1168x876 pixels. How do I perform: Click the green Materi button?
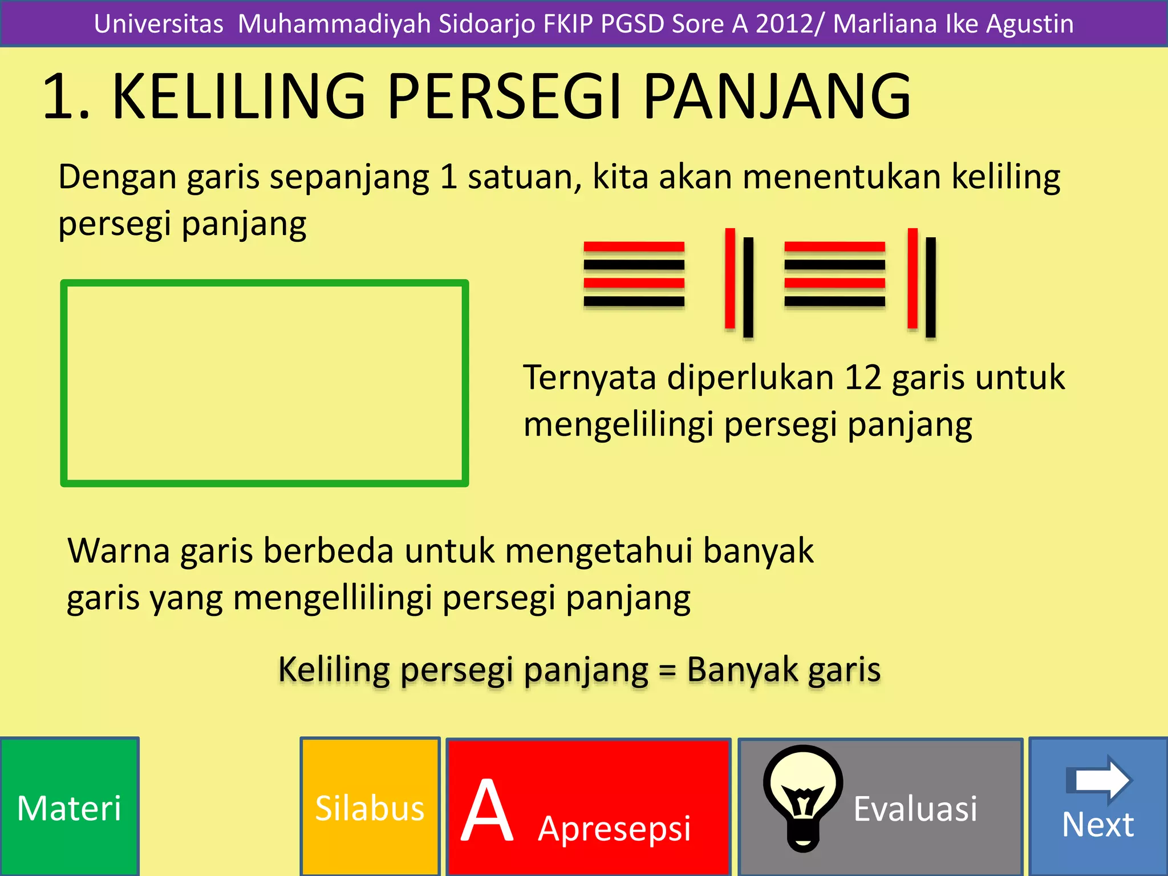69,807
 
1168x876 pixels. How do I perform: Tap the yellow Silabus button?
370,807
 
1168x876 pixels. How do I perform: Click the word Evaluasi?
915,808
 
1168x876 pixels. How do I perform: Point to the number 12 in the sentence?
863,378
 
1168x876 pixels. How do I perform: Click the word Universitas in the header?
159,24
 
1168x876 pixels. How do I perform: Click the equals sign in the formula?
667,671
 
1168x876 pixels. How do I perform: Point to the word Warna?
119,551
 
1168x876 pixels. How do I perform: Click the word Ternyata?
590,378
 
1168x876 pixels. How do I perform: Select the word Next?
1098,824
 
